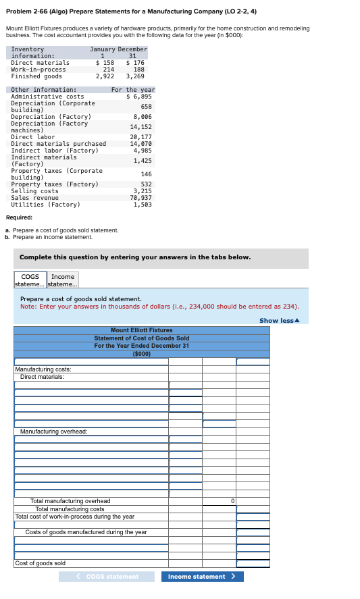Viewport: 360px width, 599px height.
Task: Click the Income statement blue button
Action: click(x=202, y=577)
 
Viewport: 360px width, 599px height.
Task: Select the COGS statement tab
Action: click(x=30, y=280)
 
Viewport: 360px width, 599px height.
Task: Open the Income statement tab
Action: click(x=63, y=280)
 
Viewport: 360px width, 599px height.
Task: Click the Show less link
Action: click(x=279, y=320)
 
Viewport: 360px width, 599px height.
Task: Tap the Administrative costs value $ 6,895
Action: click(x=139, y=97)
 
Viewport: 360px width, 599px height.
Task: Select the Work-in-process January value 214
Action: click(x=108, y=70)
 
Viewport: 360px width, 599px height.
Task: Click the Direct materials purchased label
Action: click(x=58, y=144)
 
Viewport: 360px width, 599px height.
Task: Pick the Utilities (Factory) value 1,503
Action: click(x=142, y=205)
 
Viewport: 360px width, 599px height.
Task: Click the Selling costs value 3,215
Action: click(x=142, y=191)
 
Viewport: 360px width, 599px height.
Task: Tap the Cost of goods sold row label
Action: click(x=41, y=563)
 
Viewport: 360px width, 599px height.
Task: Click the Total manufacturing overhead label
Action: click(x=70, y=501)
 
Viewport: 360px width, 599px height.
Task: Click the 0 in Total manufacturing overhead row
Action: click(x=232, y=501)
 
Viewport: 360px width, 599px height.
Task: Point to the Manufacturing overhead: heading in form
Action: click(x=53, y=431)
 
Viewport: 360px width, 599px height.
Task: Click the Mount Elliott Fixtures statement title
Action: click(x=141, y=330)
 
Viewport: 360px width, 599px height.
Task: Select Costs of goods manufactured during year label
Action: click(x=86, y=532)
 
